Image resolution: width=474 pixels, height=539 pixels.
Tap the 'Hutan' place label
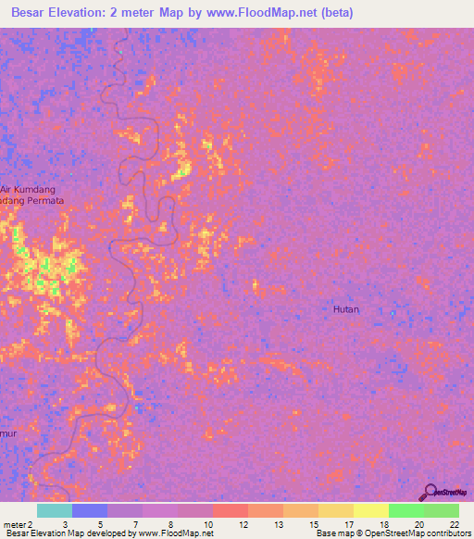click(346, 309)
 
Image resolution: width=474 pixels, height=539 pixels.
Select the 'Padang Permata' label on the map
click(31, 200)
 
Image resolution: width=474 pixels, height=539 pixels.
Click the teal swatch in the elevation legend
click(55, 510)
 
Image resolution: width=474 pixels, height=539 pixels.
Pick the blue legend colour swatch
click(90, 510)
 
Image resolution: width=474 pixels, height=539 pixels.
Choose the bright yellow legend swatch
click(370, 510)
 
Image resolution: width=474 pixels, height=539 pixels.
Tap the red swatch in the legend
click(231, 510)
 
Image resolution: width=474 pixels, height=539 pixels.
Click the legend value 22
click(455, 523)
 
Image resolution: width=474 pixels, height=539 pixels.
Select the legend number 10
click(209, 523)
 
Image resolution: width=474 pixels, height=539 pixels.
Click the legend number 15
click(316, 523)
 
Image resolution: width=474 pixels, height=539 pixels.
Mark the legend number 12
click(244, 523)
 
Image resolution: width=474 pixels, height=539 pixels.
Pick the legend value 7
click(136, 523)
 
